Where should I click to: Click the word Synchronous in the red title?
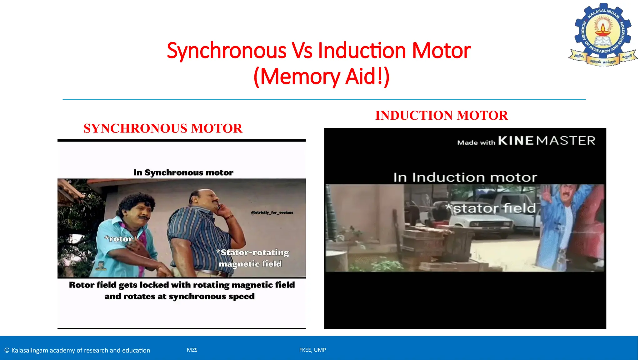pos(227,51)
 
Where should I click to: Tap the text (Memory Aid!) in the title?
pos(321,76)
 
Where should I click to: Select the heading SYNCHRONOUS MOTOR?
pos(163,128)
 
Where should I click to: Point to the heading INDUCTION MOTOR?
pos(441,116)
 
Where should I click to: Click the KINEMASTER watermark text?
pos(547,141)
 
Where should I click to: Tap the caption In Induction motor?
pos(465,177)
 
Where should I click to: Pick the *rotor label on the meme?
pos(119,239)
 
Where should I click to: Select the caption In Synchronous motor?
pos(183,172)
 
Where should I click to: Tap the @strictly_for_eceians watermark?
pos(272,212)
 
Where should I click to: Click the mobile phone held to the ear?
pos(220,206)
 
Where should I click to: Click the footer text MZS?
pos(192,350)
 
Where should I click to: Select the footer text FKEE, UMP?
pos(312,350)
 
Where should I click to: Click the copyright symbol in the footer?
pos(7,350)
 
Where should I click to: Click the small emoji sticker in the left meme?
pos(101,266)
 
